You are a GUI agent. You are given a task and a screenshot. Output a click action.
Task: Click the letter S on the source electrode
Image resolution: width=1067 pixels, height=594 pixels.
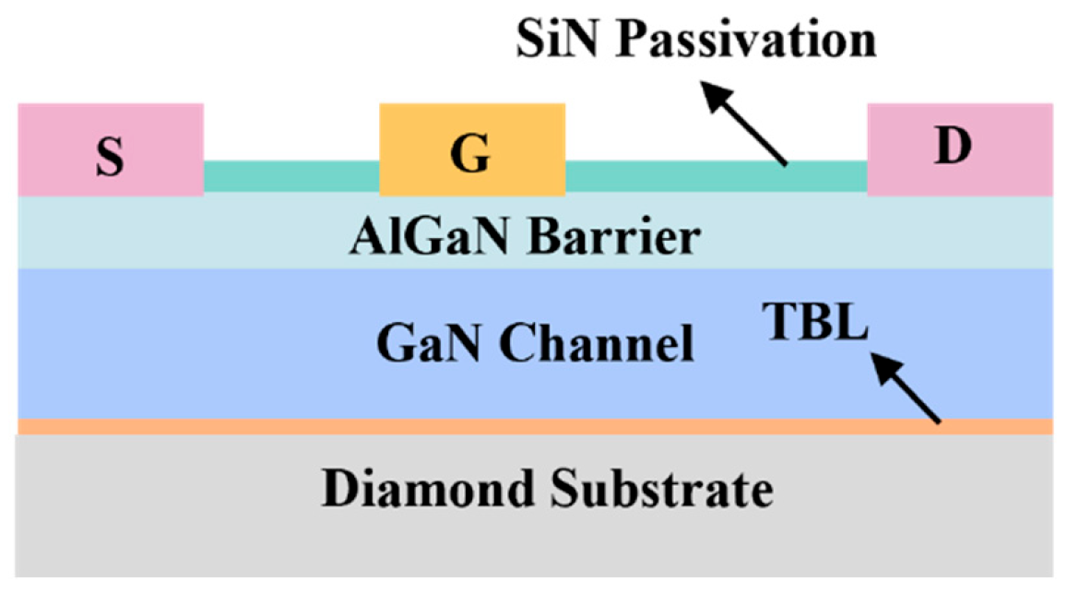pyautogui.click(x=110, y=158)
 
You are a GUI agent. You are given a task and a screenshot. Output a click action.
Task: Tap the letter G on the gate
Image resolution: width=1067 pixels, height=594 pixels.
pyautogui.click(x=470, y=156)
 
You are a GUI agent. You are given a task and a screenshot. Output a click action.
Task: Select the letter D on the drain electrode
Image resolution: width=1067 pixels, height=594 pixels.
pyautogui.click(x=953, y=148)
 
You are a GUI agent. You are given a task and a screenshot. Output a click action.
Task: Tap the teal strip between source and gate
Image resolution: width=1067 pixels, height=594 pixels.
pyautogui.click(x=291, y=177)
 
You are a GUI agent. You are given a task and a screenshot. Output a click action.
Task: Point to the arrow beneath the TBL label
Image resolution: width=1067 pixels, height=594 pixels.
pyautogui.click(x=908, y=390)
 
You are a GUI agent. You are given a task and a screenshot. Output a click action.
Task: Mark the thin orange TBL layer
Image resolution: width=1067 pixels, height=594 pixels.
pyautogui.click(x=535, y=426)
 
